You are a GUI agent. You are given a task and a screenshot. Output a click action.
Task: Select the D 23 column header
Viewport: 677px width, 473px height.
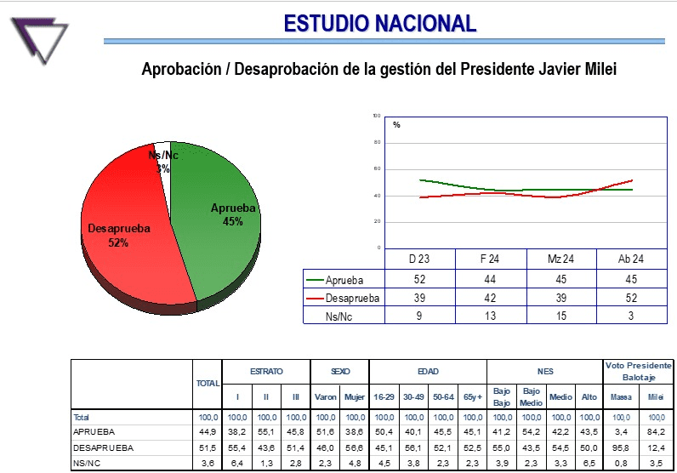click(420, 259)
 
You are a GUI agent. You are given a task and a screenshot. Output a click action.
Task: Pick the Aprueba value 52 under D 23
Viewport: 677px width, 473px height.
click(420, 279)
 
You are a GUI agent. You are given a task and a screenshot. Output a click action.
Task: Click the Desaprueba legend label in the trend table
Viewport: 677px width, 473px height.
click(353, 298)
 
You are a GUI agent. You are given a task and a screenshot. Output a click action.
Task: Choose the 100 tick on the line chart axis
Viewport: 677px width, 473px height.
click(377, 116)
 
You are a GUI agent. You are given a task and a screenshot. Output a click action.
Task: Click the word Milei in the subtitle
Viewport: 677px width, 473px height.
click(596, 70)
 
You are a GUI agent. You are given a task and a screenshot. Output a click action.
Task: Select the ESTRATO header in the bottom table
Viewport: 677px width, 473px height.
click(266, 372)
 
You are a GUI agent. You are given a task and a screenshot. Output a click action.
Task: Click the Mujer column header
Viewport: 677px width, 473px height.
click(354, 397)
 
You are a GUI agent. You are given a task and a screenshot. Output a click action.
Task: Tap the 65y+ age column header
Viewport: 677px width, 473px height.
click(472, 397)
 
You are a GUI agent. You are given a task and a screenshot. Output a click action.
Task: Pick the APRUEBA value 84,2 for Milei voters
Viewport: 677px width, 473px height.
click(654, 431)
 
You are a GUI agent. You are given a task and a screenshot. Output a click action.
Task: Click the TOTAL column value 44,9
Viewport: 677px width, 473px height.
click(208, 431)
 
